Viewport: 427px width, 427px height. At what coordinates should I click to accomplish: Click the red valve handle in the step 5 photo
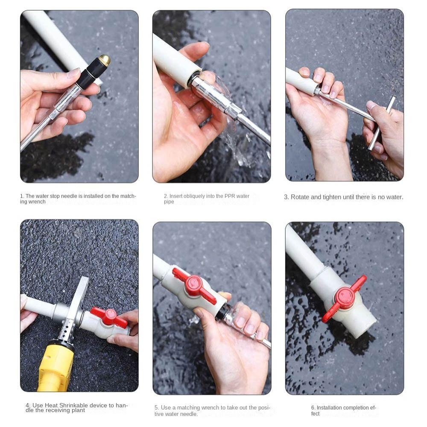coord(195,285)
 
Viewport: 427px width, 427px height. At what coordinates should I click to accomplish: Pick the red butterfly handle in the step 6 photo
coord(345,298)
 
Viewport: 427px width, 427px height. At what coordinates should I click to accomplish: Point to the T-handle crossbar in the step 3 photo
coord(381,123)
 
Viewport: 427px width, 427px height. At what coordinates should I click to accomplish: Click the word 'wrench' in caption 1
coord(36,202)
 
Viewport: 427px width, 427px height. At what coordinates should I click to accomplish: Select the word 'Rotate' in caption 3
coord(299,197)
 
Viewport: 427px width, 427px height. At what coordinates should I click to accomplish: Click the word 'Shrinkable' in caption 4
coord(73,405)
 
